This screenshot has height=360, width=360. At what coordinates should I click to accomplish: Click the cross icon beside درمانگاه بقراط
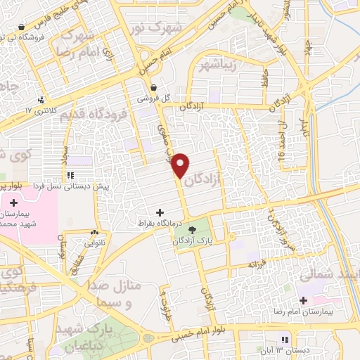(160, 212)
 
